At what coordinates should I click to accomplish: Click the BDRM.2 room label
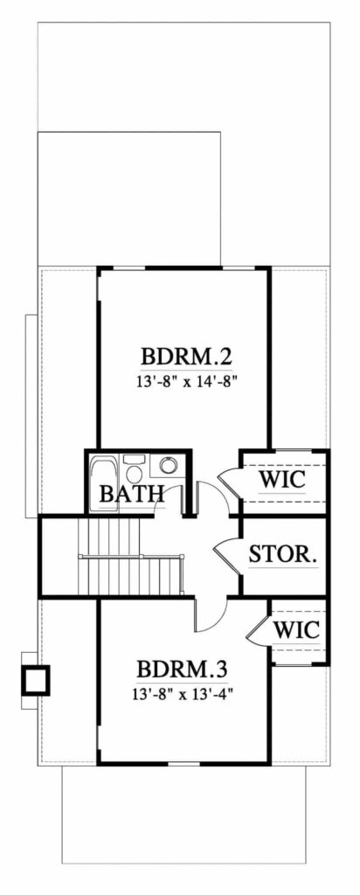click(x=186, y=357)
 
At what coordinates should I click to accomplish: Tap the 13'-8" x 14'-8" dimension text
click(x=187, y=382)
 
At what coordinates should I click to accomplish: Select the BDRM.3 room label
click(x=183, y=669)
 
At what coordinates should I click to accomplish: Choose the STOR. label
click(x=282, y=553)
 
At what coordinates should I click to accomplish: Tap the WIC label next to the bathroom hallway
click(x=282, y=480)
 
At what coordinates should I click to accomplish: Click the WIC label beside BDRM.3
click(x=296, y=630)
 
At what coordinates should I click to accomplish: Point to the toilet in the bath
click(x=135, y=468)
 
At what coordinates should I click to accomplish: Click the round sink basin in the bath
click(x=168, y=466)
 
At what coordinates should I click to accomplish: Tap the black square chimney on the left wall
click(x=35, y=680)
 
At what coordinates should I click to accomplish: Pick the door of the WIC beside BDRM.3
click(x=258, y=628)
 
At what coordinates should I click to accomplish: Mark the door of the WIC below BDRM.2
click(x=229, y=483)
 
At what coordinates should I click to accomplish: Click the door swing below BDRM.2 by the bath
click(x=212, y=496)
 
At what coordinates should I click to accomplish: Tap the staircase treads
click(x=131, y=557)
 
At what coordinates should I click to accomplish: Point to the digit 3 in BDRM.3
click(x=221, y=669)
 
